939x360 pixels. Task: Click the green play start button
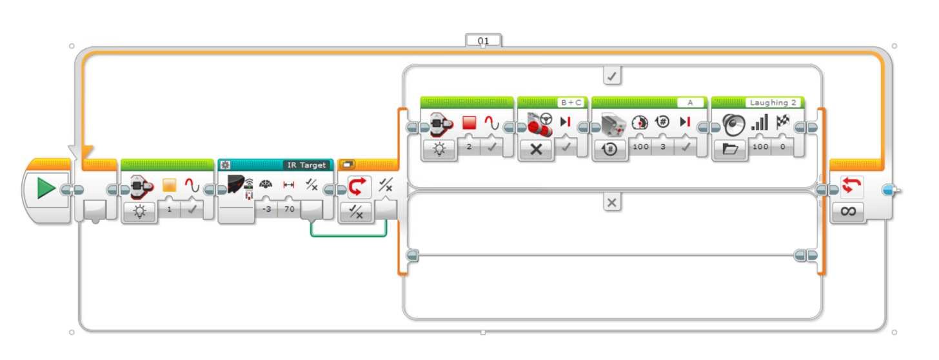[x=46, y=189]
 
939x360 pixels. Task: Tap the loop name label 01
[x=483, y=41]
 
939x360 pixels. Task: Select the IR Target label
[x=307, y=165]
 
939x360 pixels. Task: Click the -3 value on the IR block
[x=265, y=210]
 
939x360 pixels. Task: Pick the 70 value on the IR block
[x=288, y=210]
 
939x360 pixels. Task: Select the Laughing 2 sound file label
[x=773, y=103]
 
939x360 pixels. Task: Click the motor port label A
[x=690, y=103]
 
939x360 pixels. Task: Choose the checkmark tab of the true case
[x=612, y=76]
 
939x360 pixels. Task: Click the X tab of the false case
[x=612, y=203]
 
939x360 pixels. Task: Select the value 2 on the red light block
[x=469, y=147]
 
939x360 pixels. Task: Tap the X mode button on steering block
[x=536, y=149]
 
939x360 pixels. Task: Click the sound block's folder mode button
[x=730, y=149]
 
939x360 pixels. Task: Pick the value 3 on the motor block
[x=662, y=147]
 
